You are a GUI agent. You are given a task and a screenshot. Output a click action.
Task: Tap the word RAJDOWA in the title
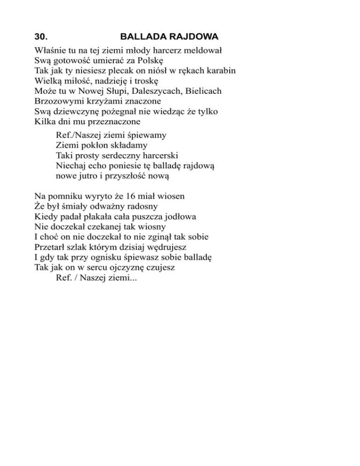click(194, 37)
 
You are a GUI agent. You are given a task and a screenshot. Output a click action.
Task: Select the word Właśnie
click(50, 50)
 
